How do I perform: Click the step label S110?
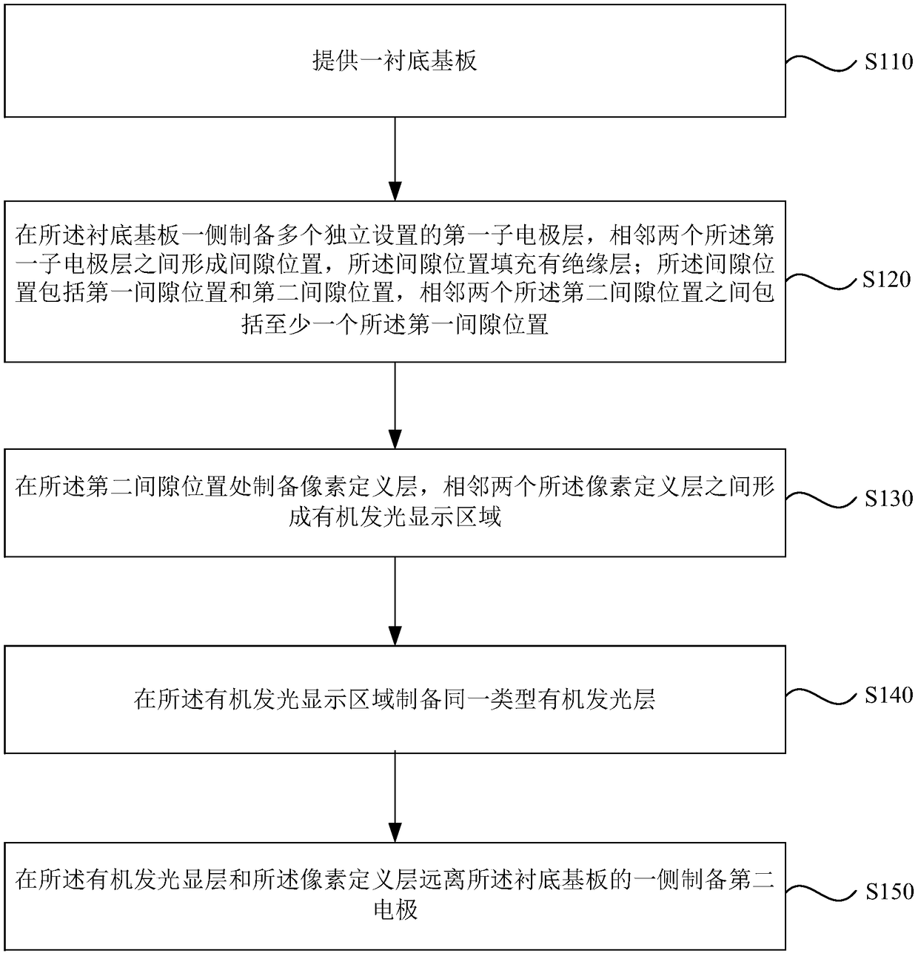(888, 62)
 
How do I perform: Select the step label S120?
(886, 280)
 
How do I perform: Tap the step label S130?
(888, 499)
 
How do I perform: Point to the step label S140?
(888, 696)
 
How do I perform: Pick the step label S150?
(888, 892)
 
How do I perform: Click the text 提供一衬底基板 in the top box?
(395, 61)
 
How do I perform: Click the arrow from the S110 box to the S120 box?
(395, 158)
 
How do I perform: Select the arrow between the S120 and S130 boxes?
(395, 405)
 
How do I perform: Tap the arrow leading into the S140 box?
(395, 601)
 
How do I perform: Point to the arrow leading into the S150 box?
(395, 798)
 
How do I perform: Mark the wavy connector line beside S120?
(820, 282)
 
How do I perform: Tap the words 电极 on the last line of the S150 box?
(395, 909)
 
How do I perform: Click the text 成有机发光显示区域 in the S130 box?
(395, 516)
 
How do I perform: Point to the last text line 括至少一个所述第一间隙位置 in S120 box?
(395, 324)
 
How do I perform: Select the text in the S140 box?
(395, 699)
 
